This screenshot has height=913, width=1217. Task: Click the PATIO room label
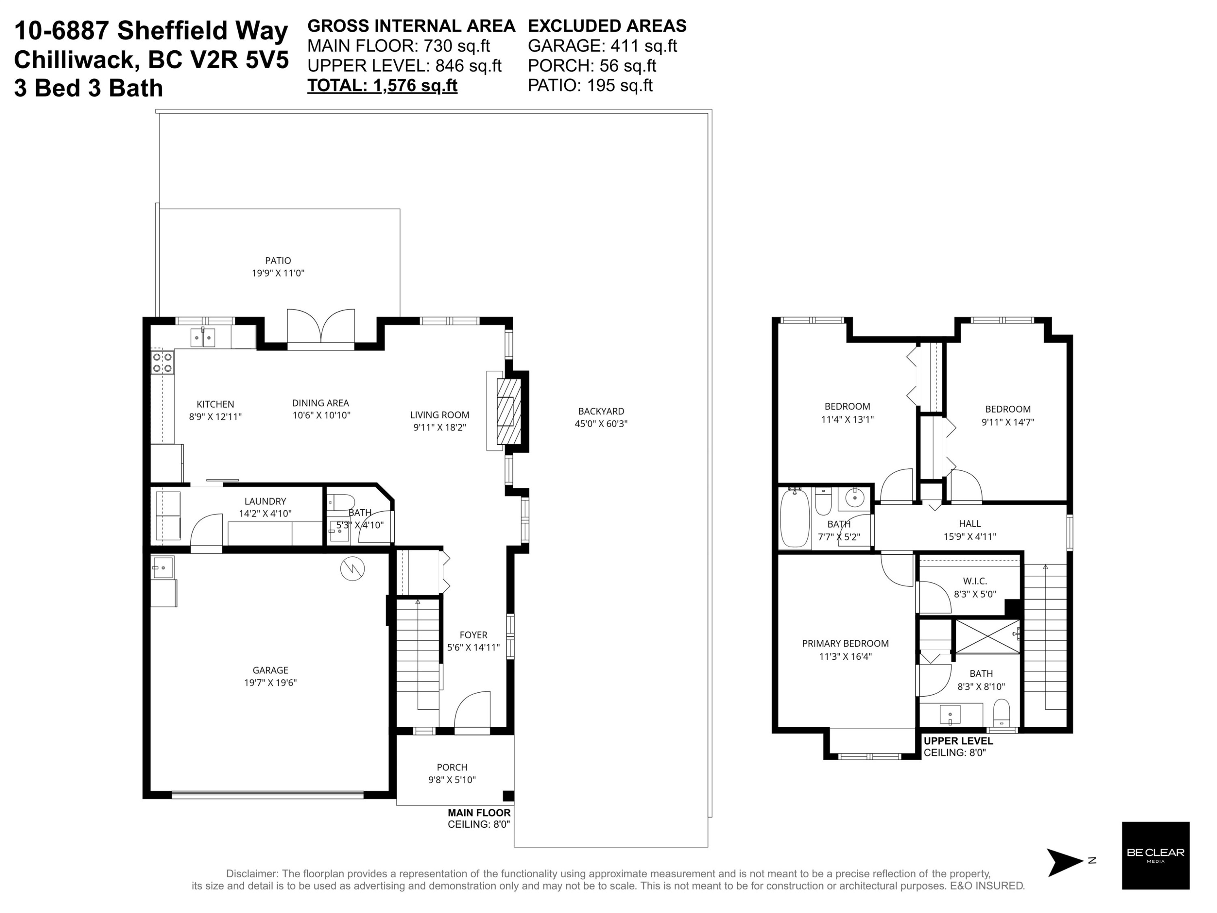click(x=278, y=261)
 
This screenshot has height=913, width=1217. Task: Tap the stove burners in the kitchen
click(x=162, y=363)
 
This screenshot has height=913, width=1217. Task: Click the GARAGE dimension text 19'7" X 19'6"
click(x=270, y=683)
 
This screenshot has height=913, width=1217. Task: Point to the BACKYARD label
click(x=601, y=411)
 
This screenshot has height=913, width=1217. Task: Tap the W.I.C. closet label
click(x=975, y=581)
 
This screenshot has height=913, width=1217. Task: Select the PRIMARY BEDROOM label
click(x=845, y=643)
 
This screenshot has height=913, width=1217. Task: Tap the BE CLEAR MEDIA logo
click(x=1155, y=856)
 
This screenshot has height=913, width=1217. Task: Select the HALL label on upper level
click(x=970, y=523)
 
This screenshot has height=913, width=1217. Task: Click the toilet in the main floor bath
click(x=341, y=502)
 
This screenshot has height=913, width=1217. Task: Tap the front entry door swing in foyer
click(x=472, y=710)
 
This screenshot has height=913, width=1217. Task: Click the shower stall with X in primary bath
click(x=987, y=637)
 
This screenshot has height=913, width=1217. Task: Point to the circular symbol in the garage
click(x=352, y=568)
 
